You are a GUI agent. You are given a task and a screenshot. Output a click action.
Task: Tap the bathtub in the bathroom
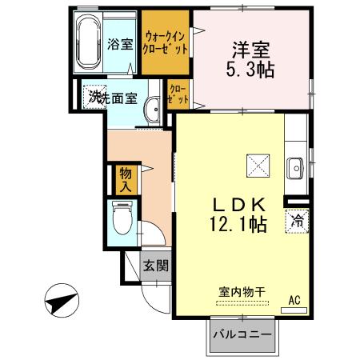pos(89,43)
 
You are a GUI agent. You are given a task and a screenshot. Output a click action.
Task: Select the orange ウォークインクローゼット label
pos(166,42)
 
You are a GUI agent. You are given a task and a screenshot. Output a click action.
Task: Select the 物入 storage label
pos(125,178)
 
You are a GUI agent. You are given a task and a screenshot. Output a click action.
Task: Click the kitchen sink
pos(295,169)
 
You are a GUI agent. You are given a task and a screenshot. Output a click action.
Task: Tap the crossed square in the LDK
pos(258,166)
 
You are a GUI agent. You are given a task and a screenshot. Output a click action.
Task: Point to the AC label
pos(294,300)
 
